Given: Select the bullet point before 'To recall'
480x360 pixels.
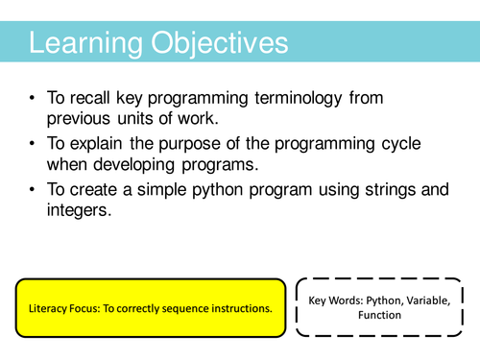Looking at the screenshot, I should point(35,100).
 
